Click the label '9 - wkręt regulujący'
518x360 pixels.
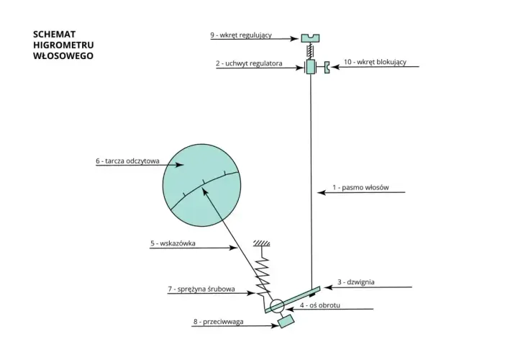tap(241, 35)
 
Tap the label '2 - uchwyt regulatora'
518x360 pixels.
tap(249, 63)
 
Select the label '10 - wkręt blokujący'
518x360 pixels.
tap(375, 62)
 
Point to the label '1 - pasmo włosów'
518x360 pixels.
tap(360, 187)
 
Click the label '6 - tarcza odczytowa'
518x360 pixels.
tap(127, 161)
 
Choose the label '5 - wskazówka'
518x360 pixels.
tap(173, 243)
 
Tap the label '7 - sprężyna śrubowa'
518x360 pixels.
tap(201, 289)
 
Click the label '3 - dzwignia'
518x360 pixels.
tap(356, 282)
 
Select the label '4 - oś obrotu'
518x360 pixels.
tap(319, 305)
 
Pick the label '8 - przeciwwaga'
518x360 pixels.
tap(219, 322)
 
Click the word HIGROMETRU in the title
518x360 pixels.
tap(63, 45)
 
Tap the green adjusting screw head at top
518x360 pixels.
tap(310, 38)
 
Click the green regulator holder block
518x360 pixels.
tap(311, 66)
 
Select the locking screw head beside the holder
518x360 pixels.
tap(327, 68)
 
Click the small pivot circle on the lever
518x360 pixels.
tap(277, 306)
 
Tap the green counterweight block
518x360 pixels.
tap(286, 321)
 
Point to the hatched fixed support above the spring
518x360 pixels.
tap(262, 243)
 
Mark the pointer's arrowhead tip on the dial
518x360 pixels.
tap(202, 188)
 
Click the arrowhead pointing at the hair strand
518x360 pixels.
tap(321, 192)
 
